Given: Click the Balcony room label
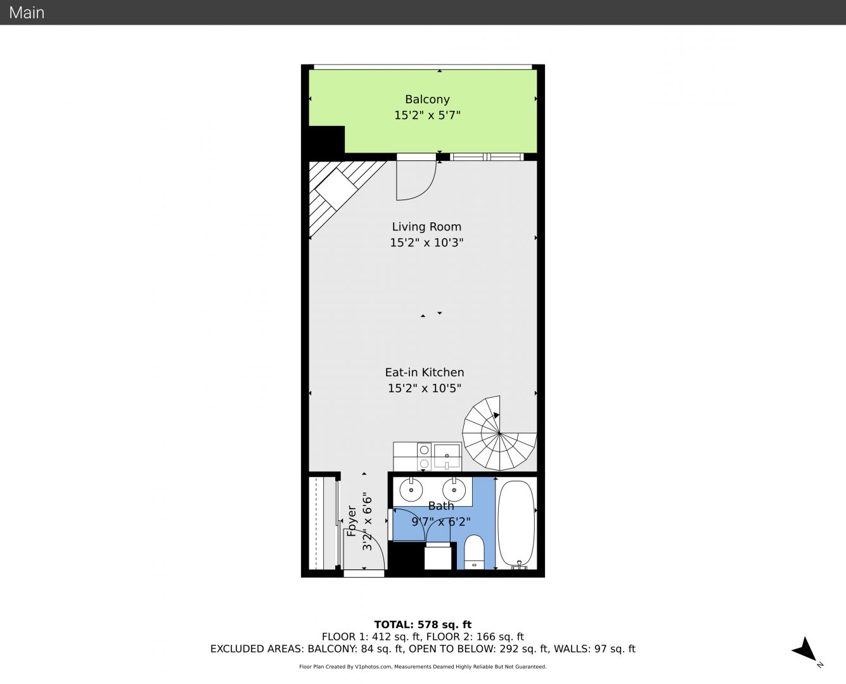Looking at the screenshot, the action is pos(427,99).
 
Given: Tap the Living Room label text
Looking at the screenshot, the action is pos(426,227).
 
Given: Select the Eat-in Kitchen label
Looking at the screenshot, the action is pos(425,372).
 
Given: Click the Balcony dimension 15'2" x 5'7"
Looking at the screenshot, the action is pos(427,115).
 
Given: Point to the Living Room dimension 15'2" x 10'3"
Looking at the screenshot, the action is pos(426,243).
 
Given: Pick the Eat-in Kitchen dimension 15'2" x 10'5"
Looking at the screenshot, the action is pos(425,388).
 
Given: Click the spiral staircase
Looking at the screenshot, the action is pos(499,433).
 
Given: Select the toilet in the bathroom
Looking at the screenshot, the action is pos(474,552).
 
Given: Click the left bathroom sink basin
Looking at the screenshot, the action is pos(411,490).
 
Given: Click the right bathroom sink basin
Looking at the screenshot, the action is pos(454,490).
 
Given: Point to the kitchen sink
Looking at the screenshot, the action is pos(447,456).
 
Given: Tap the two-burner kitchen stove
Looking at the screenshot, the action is pos(424,457).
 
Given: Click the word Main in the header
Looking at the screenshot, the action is pos(27,13).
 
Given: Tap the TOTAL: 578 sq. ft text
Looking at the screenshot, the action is pos(423,624).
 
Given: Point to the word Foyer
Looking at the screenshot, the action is pos(352,521).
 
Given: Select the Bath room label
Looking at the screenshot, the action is pos(441,506).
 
